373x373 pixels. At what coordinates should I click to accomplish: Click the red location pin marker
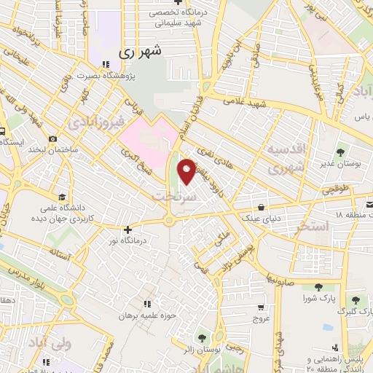(186, 170)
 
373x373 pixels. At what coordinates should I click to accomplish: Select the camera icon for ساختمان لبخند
(52, 139)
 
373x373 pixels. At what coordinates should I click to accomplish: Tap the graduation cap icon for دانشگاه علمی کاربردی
(62, 198)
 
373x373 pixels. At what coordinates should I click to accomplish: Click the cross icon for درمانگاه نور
(127, 229)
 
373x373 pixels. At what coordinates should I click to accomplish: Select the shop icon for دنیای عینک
(261, 205)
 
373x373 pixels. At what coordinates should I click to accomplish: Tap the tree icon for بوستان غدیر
(339, 152)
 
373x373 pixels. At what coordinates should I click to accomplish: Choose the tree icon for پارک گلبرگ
(355, 299)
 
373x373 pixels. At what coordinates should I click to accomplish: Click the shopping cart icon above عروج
(261, 307)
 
